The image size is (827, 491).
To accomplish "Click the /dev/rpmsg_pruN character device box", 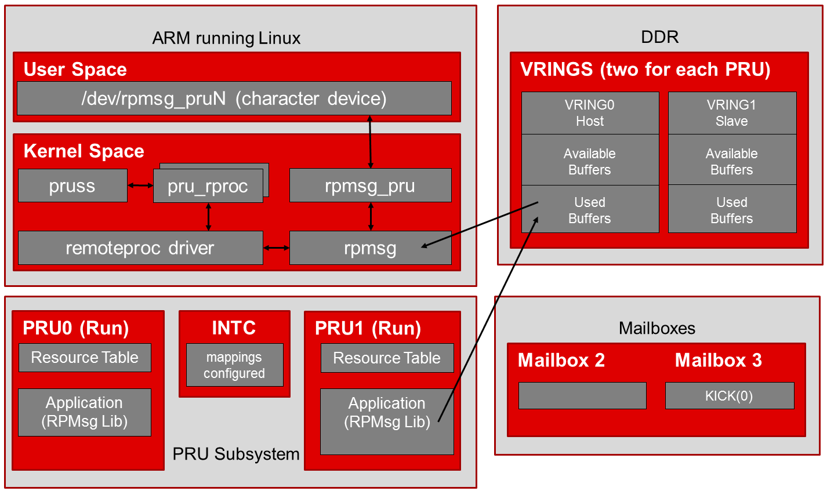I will (x=234, y=99).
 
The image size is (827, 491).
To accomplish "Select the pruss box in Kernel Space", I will (x=72, y=186).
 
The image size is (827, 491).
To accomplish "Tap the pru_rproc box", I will (x=208, y=187).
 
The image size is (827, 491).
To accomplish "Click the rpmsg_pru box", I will (x=370, y=186).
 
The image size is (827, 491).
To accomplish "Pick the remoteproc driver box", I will (x=140, y=248).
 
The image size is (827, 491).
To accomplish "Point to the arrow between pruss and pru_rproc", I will (x=140, y=186).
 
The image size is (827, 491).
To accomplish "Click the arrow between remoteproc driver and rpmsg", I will (x=276, y=248).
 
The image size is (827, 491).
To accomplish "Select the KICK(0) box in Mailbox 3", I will (x=729, y=396).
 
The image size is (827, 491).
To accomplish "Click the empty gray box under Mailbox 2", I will (x=582, y=396).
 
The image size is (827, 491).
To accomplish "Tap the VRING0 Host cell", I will (x=590, y=113).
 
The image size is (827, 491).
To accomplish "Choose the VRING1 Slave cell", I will (x=731, y=113).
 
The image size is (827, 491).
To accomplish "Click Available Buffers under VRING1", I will (x=731, y=161).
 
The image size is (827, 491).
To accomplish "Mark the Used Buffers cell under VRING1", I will (x=731, y=210).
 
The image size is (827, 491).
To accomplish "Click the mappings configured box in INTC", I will (x=234, y=365).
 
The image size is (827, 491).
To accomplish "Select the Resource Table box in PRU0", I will (x=85, y=358).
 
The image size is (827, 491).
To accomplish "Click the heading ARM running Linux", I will (x=226, y=38).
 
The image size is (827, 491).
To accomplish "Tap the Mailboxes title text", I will (x=656, y=328).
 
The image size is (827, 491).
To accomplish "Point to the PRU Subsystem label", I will (x=236, y=454).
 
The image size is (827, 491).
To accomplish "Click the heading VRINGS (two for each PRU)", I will (x=645, y=70).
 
